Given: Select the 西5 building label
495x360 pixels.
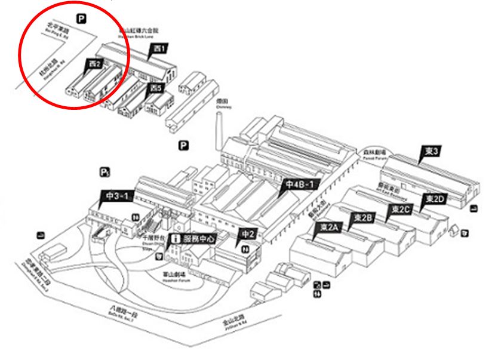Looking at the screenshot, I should click(156, 88).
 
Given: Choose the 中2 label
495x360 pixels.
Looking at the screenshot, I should click(248, 235).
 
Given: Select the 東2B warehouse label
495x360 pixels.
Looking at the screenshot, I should click(363, 217).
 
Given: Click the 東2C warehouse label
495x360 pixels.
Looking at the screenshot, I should click(400, 208).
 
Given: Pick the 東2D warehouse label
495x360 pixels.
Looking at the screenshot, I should click(434, 199).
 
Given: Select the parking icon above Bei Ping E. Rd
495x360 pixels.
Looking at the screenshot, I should click(81, 18).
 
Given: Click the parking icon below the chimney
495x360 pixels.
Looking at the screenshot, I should click(184, 145).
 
